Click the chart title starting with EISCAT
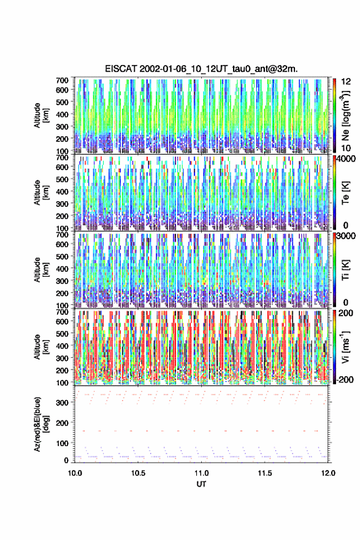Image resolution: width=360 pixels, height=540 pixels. [201, 69]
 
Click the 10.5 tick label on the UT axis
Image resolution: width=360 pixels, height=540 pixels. [138, 473]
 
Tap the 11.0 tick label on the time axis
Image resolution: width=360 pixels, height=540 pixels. [201, 473]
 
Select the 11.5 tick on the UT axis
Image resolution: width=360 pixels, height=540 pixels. [265, 473]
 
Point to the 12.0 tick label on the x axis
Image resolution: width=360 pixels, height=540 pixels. [328, 473]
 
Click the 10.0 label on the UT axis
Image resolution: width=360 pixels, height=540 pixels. [75, 473]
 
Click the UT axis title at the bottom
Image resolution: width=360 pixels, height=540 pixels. [201, 484]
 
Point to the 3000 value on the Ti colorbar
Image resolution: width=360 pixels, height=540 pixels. [346, 236]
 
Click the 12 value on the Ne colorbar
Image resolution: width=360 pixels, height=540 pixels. [346, 82]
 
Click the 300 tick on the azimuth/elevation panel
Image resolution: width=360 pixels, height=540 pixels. [63, 403]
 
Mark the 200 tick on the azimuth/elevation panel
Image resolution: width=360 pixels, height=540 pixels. [63, 423]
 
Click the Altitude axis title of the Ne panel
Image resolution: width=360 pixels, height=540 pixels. [41, 115]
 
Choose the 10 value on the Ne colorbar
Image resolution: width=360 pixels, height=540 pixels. [346, 148]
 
